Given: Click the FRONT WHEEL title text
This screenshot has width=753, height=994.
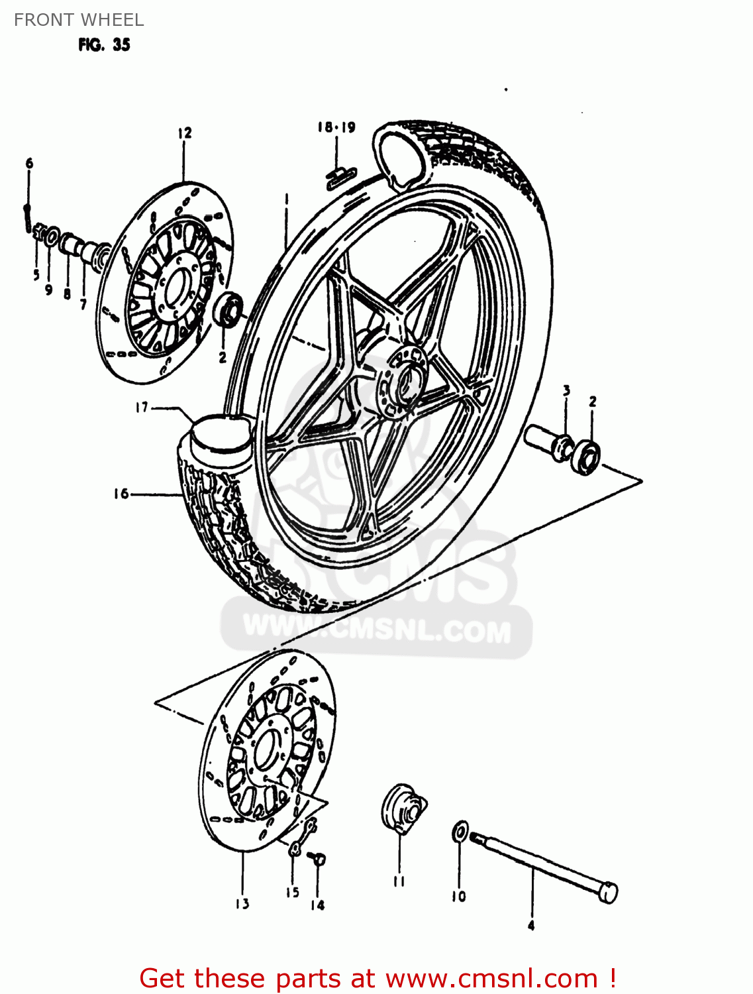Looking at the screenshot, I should (79, 20).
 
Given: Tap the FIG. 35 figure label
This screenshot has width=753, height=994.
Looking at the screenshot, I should (104, 45).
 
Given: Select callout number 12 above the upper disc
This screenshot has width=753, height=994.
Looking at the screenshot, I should (184, 133).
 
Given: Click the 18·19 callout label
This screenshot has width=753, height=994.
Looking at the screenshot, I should (336, 127).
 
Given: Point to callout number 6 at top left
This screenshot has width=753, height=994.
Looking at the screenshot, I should (29, 163).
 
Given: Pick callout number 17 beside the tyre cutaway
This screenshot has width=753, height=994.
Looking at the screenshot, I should (142, 407).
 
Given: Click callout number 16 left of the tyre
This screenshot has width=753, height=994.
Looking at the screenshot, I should (121, 494).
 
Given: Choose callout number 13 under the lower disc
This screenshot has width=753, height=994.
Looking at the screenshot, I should (242, 904).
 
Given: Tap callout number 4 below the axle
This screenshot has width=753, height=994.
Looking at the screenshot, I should (531, 926).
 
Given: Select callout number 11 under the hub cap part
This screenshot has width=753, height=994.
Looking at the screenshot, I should (399, 881).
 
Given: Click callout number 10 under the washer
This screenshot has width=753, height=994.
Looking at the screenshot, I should (458, 897).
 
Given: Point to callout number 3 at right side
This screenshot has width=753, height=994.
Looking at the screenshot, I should (566, 391).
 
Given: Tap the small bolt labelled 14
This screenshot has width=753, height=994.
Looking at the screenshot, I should (319, 859).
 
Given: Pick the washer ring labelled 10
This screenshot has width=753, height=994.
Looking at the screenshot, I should (459, 832).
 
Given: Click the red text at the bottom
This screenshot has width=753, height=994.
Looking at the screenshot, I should (378, 978).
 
